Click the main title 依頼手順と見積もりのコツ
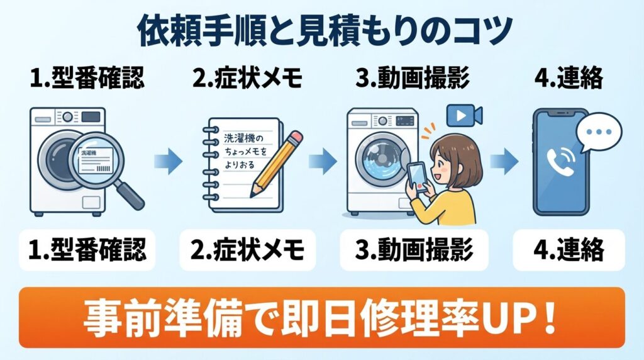pos(322,28)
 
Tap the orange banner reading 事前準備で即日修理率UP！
pos(322,318)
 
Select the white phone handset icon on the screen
pos(557,162)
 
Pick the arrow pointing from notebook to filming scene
pos(321,162)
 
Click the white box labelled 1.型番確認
pos(87,250)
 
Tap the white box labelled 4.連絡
pos(568,250)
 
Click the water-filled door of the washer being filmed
pos(380,160)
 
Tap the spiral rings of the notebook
pos(208,164)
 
